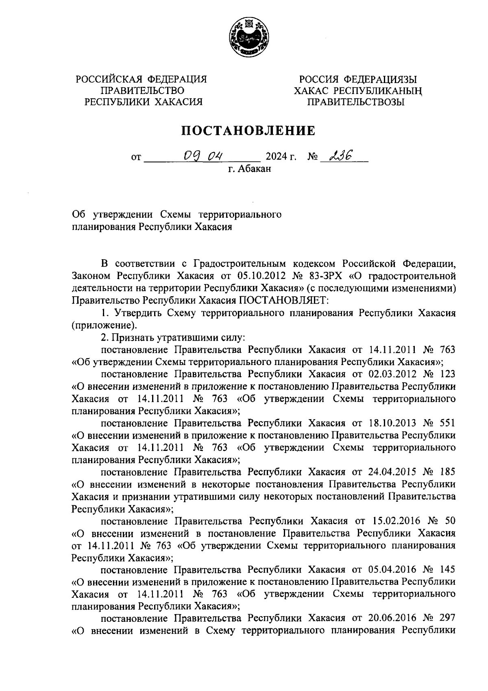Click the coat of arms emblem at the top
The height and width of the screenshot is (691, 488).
[248, 37]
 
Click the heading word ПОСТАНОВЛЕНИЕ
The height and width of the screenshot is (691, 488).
[248, 131]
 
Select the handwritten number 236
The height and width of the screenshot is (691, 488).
[342, 155]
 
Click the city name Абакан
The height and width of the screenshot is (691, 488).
[254, 168]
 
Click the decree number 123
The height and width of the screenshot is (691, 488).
[447, 374]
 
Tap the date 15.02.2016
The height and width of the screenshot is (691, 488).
[393, 521]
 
